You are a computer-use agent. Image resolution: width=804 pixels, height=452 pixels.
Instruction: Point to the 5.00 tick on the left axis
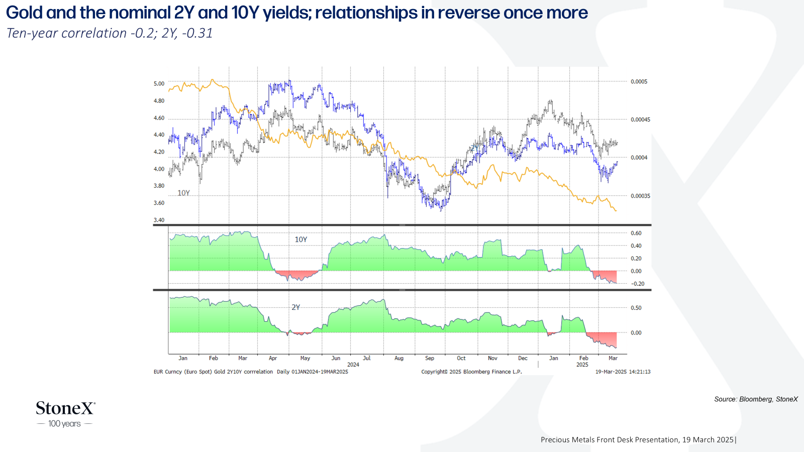(x=159, y=83)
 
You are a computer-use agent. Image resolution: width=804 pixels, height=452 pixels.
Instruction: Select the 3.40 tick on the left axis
(x=159, y=220)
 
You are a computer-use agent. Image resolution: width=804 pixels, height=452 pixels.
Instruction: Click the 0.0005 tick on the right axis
(x=639, y=82)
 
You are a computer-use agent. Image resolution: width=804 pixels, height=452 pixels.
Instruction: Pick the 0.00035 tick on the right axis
(x=641, y=196)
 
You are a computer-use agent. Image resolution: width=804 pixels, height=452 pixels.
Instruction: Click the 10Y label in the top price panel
(x=183, y=193)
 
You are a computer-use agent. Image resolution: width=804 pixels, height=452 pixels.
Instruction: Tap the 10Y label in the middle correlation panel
(x=301, y=240)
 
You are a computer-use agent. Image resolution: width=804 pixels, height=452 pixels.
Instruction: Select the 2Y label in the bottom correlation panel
(x=295, y=307)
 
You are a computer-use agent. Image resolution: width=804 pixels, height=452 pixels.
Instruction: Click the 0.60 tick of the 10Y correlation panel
(x=636, y=233)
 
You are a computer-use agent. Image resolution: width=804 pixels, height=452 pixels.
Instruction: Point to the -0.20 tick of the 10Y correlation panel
(x=638, y=284)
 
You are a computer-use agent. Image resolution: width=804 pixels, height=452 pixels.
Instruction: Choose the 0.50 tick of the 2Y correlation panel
(x=636, y=308)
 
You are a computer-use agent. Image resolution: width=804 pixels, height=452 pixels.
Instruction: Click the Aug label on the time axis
(x=399, y=358)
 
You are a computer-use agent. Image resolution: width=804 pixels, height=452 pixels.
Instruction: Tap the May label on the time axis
(x=305, y=358)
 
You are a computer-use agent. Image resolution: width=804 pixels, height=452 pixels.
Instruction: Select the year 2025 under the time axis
(x=582, y=365)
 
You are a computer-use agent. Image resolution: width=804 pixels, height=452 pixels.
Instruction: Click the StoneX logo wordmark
(x=65, y=408)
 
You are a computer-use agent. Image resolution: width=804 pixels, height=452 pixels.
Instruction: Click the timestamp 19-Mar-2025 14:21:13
(x=623, y=372)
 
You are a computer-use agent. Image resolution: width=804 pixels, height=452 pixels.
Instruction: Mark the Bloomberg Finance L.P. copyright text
(x=472, y=372)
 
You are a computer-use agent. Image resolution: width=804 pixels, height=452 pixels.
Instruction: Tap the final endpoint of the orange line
(x=616, y=210)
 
